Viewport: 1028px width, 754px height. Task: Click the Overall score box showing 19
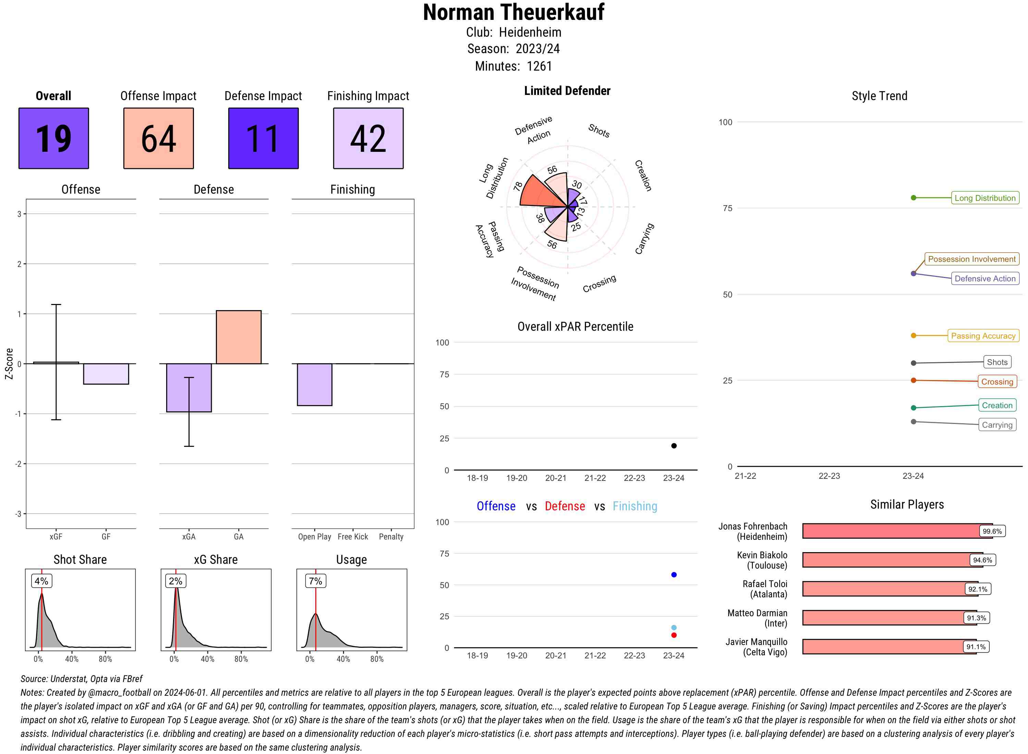click(x=53, y=138)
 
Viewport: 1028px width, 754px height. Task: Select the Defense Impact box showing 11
click(x=263, y=138)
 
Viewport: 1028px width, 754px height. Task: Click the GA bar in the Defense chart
click(x=238, y=337)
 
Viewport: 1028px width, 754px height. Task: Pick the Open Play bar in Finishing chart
click(x=314, y=384)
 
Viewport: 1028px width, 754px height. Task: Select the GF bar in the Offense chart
click(x=106, y=374)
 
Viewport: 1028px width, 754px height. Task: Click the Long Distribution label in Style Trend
click(x=985, y=198)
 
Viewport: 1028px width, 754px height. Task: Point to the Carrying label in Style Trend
click(x=996, y=425)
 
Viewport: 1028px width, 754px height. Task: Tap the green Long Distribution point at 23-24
click(x=913, y=198)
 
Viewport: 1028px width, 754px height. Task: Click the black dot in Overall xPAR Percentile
click(x=673, y=446)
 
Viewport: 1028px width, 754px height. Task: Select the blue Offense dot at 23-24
click(x=673, y=575)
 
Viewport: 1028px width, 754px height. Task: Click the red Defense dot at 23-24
click(x=673, y=635)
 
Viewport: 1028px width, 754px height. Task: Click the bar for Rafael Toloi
click(x=883, y=589)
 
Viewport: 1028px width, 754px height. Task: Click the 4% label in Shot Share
click(x=41, y=581)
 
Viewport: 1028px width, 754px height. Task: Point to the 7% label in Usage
click(x=315, y=581)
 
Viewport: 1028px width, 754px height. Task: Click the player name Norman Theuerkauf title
click(x=513, y=12)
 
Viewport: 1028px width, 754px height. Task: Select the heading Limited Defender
click(x=567, y=91)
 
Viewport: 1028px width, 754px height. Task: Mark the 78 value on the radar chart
click(x=517, y=186)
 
